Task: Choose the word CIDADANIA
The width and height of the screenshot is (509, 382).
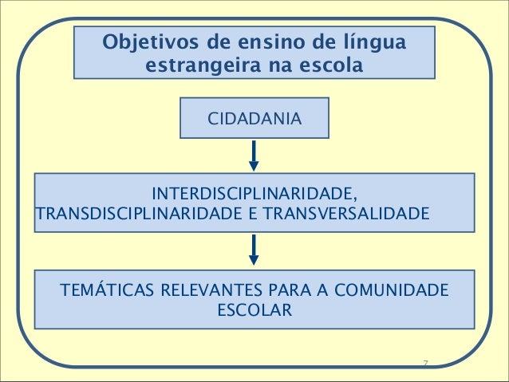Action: (254, 119)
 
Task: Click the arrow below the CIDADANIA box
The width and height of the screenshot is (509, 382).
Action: (254, 156)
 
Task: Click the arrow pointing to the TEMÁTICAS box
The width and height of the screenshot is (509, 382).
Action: (254, 249)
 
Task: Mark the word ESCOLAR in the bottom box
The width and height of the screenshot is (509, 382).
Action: (254, 309)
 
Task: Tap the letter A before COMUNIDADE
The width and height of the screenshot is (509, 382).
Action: (326, 289)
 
